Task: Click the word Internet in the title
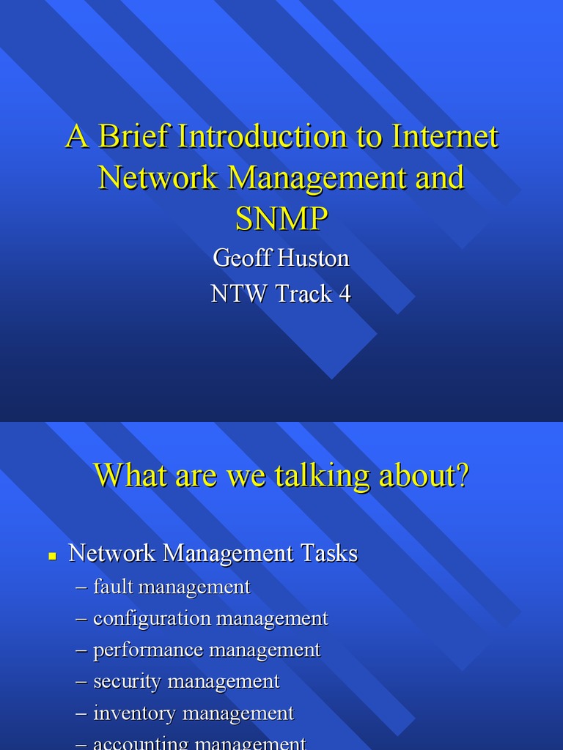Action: [445, 137]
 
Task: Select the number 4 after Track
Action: [345, 294]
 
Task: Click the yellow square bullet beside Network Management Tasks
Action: [52, 556]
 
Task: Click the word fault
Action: [114, 587]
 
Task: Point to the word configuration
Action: [151, 618]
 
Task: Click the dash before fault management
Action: [81, 587]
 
